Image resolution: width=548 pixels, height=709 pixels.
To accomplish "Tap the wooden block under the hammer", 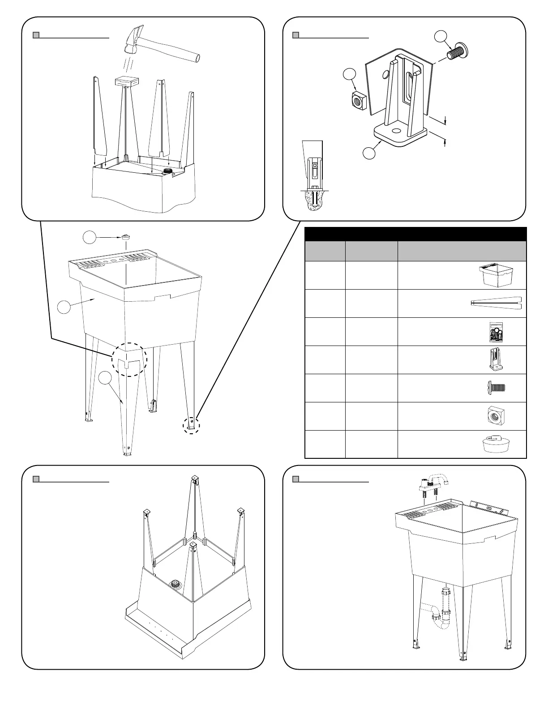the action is [127, 81].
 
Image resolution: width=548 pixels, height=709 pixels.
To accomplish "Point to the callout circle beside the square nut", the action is [349, 75].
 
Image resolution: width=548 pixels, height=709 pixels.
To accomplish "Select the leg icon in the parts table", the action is [496, 303].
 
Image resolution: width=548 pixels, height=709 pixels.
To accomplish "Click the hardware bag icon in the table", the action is [495, 332].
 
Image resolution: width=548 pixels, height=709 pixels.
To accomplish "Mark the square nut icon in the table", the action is [495, 416].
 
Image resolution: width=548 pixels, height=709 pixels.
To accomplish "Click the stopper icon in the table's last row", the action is [495, 444].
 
